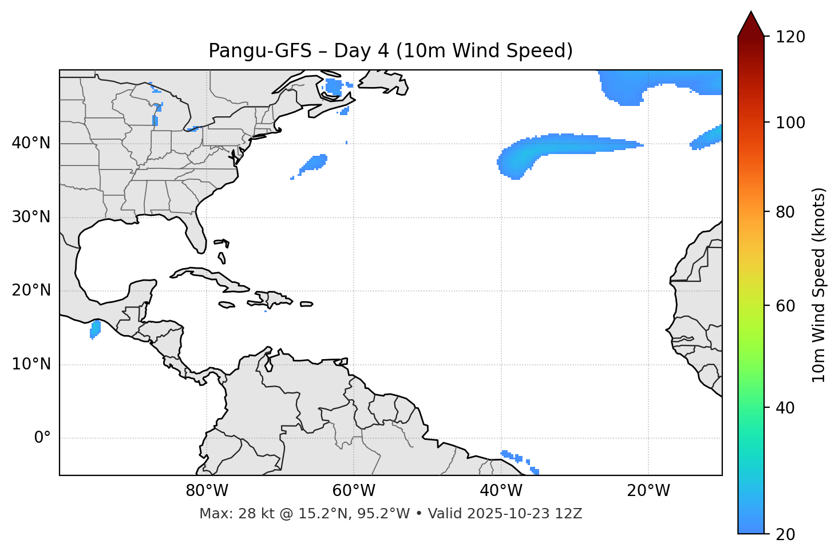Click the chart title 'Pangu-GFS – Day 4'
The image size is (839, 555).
tap(390, 51)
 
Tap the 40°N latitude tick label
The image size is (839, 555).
tap(31, 143)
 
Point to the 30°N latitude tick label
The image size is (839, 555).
tap(31, 217)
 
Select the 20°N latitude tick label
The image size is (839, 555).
tap(31, 290)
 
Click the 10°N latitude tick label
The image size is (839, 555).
tap(31, 364)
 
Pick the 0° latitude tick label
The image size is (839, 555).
tap(42, 438)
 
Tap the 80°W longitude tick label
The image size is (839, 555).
tap(207, 491)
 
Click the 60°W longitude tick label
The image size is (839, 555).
tap(354, 491)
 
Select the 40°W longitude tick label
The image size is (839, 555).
tap(501, 491)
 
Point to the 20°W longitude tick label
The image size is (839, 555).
tap(648, 491)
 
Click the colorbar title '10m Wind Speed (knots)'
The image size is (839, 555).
tap(819, 285)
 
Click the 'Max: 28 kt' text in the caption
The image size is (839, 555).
tap(224, 514)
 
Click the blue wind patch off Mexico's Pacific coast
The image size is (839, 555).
tap(95, 329)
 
